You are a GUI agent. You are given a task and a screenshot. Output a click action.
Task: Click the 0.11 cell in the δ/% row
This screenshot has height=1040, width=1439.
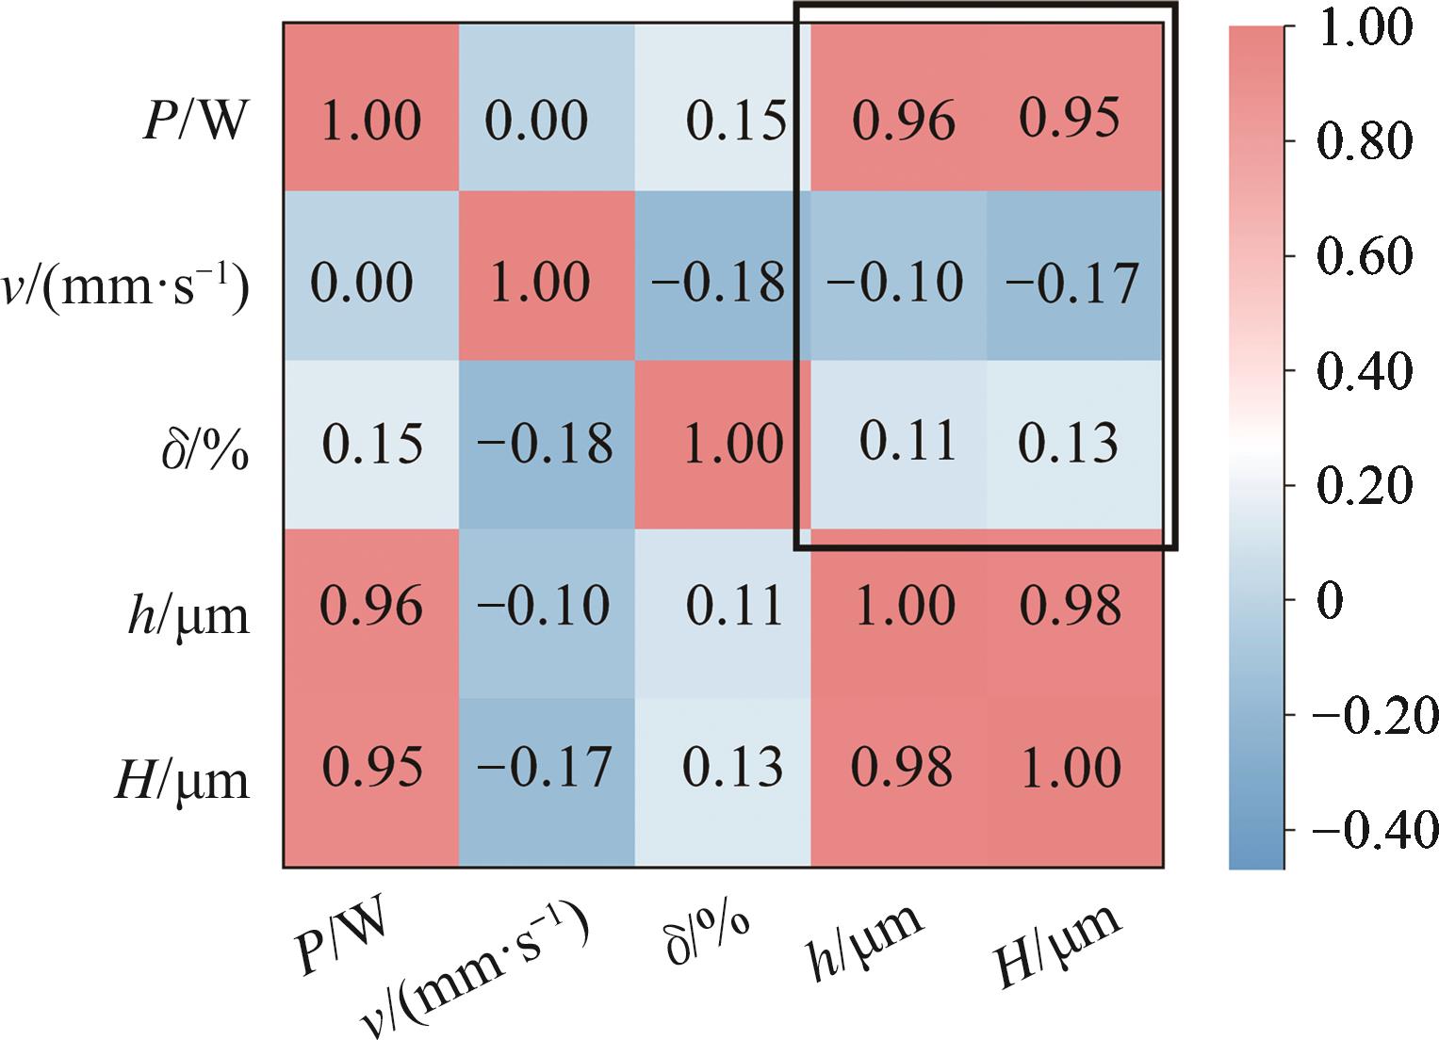pos(899,445)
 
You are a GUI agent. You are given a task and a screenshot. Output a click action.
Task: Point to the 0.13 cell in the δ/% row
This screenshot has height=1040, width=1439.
pos(1075,445)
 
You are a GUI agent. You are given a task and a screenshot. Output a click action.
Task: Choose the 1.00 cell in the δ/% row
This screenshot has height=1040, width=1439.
pos(723,445)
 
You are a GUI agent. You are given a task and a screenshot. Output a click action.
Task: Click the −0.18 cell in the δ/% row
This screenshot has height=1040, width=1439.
pos(547,445)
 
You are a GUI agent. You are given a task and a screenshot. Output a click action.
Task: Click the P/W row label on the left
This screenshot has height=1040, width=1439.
pos(195,121)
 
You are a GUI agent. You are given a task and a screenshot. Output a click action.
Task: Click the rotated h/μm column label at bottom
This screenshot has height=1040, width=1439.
pos(865,941)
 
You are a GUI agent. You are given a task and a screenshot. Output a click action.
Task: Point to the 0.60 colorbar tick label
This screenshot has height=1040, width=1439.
pos(1365,255)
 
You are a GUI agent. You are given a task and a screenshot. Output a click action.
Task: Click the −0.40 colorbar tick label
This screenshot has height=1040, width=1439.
pos(1374,831)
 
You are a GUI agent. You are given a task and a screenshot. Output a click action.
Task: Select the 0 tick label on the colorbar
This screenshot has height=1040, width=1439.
pos(1331,600)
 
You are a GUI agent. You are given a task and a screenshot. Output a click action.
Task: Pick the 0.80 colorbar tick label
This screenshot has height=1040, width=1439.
pos(1365,140)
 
